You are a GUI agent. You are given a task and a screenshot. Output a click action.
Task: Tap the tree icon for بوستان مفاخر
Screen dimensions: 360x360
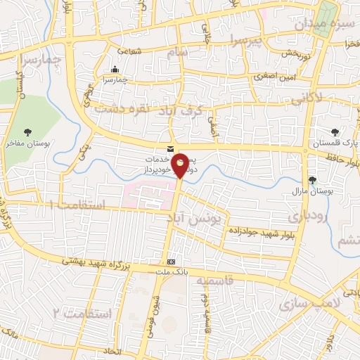click(x=27, y=131)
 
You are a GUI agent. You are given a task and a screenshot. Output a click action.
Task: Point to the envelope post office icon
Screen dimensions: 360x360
click(x=171, y=149)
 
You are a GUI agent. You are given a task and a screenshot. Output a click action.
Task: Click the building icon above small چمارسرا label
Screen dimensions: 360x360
click(x=115, y=69)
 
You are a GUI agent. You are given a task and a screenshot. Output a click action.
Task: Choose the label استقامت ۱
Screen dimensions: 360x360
click(x=76, y=205)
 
